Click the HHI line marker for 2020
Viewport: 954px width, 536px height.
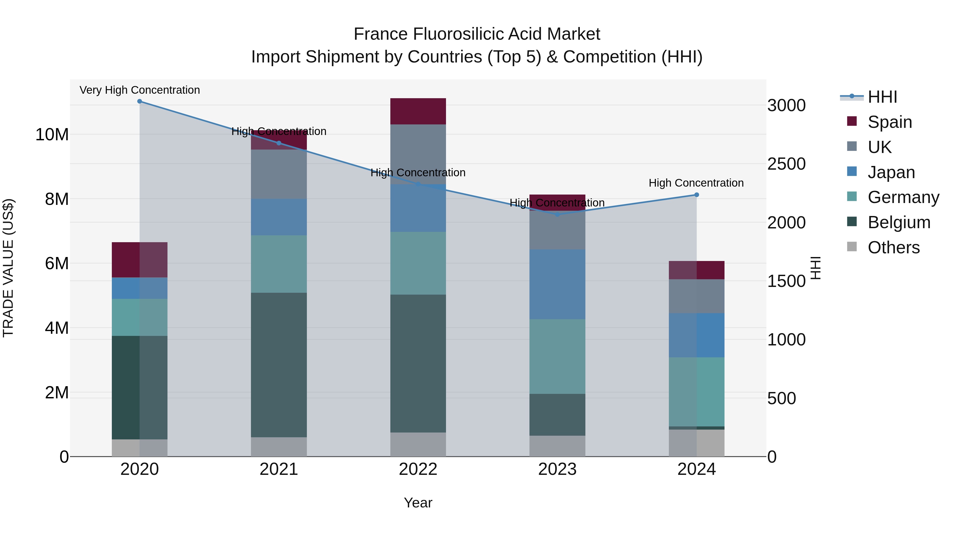point(140,101)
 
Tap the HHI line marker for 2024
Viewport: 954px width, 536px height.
point(697,195)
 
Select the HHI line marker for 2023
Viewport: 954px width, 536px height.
point(557,215)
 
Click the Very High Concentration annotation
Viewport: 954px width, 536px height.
point(140,90)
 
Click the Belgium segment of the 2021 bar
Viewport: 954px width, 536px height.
point(279,365)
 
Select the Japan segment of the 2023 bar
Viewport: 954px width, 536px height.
point(557,284)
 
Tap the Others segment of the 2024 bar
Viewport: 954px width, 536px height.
point(697,443)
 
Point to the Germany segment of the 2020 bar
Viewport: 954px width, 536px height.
point(140,317)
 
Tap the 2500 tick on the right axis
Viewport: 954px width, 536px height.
point(786,164)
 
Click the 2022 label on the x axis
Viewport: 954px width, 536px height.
point(418,469)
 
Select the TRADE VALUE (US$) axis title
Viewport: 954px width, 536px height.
point(8,268)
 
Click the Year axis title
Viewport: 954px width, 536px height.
point(418,503)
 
